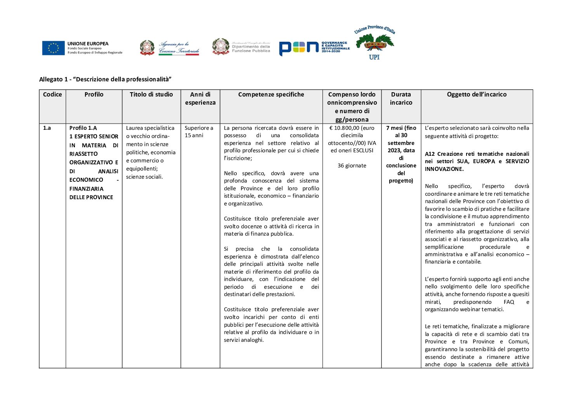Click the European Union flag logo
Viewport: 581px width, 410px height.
point(54,48)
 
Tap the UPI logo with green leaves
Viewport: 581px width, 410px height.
point(374,43)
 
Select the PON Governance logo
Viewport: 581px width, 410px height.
point(314,48)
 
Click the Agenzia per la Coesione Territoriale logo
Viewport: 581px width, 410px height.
point(170,48)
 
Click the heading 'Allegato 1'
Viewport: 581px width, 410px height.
point(105,79)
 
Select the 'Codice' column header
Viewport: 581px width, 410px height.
point(52,95)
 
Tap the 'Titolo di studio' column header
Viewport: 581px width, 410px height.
point(151,95)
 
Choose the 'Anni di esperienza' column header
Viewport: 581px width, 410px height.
point(200,98)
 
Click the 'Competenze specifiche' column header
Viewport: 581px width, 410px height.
point(271,95)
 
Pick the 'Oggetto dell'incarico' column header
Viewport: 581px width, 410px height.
point(477,95)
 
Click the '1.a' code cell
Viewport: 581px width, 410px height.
point(47,128)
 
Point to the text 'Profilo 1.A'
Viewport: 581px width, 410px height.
point(83,128)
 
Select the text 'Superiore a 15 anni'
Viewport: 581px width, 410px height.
point(199,132)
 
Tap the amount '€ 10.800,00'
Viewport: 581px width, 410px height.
point(345,128)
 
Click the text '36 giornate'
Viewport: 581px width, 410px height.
point(352,165)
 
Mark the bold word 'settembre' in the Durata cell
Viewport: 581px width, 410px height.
point(401,143)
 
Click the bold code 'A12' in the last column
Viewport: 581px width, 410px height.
point(430,154)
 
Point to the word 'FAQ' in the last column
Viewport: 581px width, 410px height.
point(508,302)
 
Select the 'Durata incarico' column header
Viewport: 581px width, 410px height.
point(401,98)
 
